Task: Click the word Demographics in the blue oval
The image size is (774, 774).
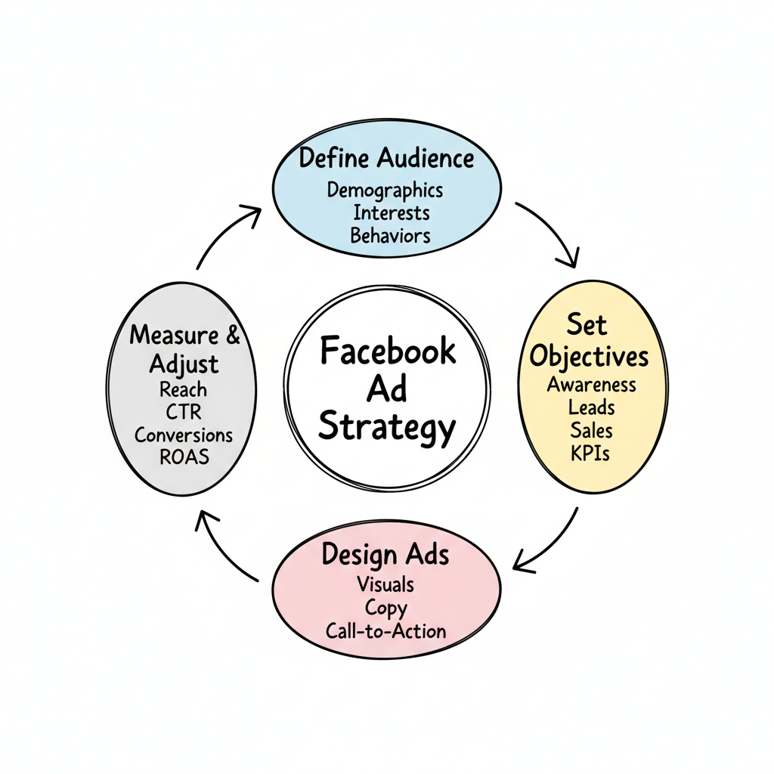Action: coord(385,190)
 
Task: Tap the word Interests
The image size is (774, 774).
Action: coord(391,212)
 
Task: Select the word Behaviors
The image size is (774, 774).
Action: coord(390,234)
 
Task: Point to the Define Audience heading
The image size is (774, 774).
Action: coord(386,159)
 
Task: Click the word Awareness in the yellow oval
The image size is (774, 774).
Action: coord(592,384)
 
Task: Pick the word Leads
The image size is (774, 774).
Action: coord(592,407)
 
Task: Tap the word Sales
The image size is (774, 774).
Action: coord(592,430)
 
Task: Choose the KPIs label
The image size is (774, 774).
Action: coord(592,454)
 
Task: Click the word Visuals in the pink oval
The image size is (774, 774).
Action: coord(385,584)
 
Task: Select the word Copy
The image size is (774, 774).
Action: coord(385,607)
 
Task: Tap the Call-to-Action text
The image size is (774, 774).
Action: coord(385,630)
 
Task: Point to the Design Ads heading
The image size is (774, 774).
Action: coord(385,555)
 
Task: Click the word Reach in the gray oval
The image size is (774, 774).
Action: coord(183,390)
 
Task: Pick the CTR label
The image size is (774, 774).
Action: coord(183,413)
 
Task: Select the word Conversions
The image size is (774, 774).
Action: coord(184,435)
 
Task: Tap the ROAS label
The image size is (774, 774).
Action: coord(183,457)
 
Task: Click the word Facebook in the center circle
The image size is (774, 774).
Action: coord(388,351)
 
